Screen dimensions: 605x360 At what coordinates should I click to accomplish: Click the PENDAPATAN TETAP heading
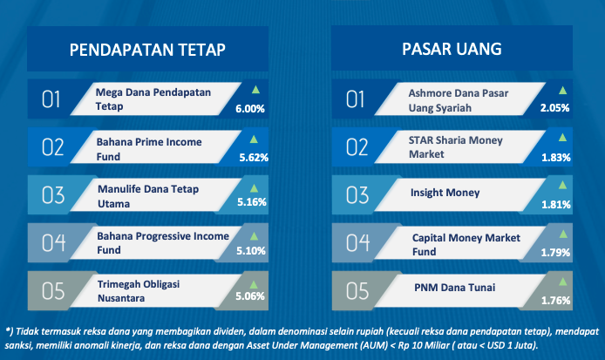[x=147, y=50]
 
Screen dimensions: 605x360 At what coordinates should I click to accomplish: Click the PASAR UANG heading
[x=452, y=49]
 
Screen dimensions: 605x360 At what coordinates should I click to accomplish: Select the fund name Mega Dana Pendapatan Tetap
[x=153, y=99]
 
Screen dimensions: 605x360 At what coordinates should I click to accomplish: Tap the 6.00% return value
[x=250, y=109]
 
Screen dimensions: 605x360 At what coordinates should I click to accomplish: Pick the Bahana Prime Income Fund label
[x=149, y=149]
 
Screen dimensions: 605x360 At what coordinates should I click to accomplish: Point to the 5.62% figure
[x=254, y=158]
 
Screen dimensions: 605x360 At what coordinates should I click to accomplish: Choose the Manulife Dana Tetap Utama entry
[x=148, y=196]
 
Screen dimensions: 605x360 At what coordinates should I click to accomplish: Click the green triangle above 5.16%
[x=254, y=188]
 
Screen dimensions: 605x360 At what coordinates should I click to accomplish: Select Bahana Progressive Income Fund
[x=163, y=243]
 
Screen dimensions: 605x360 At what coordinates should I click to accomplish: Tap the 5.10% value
[x=251, y=251]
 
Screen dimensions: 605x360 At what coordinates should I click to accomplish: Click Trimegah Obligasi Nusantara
[x=139, y=291]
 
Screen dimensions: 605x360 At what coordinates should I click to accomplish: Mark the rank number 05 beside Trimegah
[x=53, y=291]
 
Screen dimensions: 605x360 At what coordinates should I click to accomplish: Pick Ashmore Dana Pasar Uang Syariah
[x=459, y=100]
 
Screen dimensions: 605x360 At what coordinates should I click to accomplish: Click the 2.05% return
[x=554, y=108]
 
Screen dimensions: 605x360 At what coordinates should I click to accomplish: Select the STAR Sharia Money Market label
[x=456, y=147]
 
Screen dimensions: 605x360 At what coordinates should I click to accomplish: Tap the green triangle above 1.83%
[x=563, y=138]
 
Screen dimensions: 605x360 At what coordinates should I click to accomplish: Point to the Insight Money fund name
[x=445, y=193]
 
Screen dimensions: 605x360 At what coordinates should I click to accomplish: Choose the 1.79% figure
[x=555, y=253]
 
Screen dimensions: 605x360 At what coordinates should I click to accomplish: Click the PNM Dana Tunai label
[x=455, y=288]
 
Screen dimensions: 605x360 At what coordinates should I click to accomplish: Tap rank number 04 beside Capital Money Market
[x=357, y=243]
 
